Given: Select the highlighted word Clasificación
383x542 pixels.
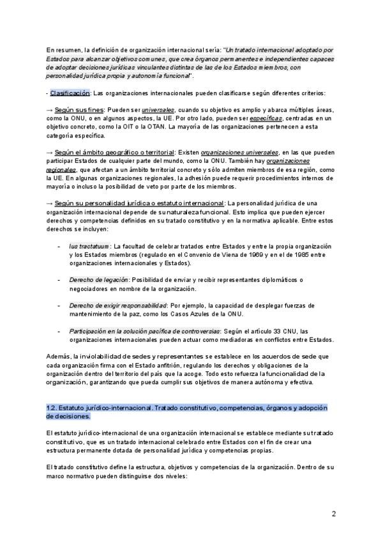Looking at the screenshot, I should [70, 93].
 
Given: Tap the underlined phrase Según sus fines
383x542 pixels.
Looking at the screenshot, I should [79, 110].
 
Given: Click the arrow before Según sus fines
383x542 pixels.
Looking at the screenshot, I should [50, 110].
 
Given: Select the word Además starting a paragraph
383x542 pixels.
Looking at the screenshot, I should [59, 356].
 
